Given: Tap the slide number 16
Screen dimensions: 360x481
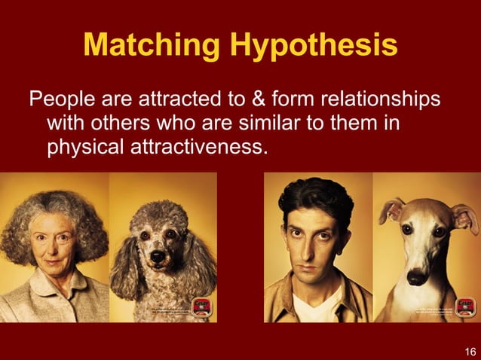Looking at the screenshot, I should (x=470, y=350).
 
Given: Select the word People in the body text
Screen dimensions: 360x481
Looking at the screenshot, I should (x=61, y=99).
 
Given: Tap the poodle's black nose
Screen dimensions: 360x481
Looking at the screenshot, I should (x=158, y=257).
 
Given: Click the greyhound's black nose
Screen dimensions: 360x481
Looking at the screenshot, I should (x=416, y=276).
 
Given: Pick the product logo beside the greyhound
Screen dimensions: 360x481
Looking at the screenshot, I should (x=464, y=307).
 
